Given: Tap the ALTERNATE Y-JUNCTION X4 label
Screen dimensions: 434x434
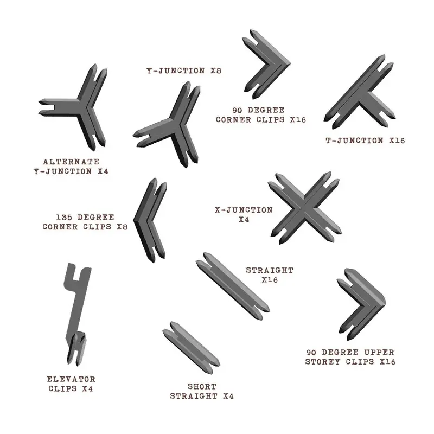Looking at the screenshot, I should [71, 167].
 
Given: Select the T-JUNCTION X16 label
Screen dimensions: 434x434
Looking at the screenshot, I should [365, 141].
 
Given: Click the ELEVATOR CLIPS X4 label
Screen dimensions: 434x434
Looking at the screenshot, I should [72, 383].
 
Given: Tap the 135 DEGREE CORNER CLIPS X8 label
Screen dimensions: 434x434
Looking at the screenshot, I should [85, 222].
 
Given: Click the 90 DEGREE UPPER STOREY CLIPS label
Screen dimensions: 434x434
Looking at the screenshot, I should [350, 356].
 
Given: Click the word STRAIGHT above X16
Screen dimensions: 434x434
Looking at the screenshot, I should [270, 270].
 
